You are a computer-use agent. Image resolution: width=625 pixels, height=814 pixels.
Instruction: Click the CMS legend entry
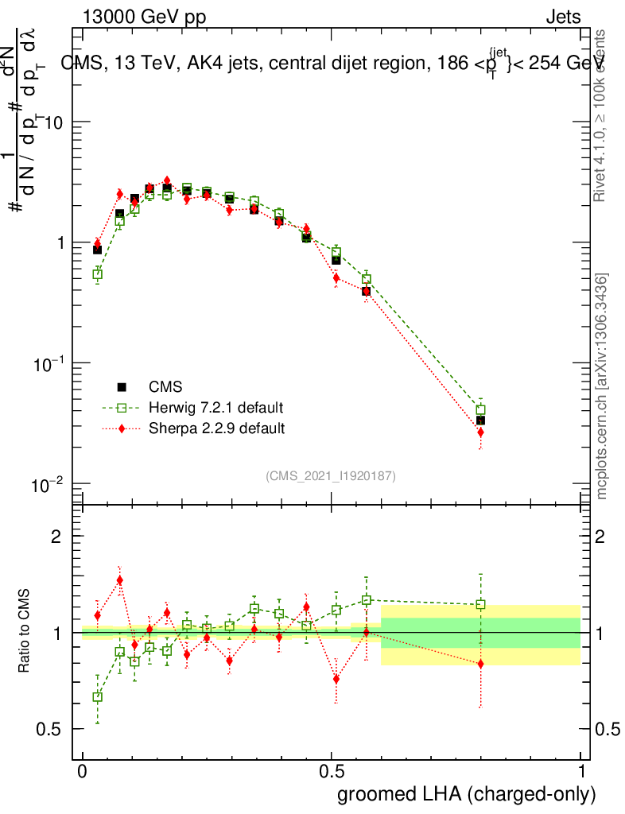pyautogui.click(x=165, y=387)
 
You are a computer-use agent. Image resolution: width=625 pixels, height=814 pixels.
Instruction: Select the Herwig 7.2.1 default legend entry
pyautogui.click(x=215, y=408)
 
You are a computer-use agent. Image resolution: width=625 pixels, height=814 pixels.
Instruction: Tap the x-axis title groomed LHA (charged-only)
pyautogui.click(x=468, y=793)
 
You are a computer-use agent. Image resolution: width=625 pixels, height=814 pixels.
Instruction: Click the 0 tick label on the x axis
pyautogui.click(x=83, y=771)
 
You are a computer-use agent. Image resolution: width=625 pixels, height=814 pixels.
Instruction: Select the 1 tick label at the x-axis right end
pyautogui.click(x=581, y=771)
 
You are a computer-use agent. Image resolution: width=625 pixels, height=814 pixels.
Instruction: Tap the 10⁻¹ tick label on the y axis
pyautogui.click(x=49, y=363)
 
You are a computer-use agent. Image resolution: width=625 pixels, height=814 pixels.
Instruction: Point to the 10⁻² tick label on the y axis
pyautogui.click(x=49, y=484)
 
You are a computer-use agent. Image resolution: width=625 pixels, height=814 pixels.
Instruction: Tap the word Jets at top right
pyautogui.click(x=563, y=16)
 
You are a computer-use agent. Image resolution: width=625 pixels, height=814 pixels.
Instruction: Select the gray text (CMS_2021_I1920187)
pyautogui.click(x=331, y=475)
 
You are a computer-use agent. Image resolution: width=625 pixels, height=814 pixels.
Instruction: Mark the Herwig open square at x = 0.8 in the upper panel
pyautogui.click(x=480, y=411)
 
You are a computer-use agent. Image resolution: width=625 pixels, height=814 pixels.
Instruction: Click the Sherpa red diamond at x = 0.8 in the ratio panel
pyautogui.click(x=480, y=664)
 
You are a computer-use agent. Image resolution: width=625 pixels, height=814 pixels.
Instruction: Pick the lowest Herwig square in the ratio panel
pyautogui.click(x=98, y=697)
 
